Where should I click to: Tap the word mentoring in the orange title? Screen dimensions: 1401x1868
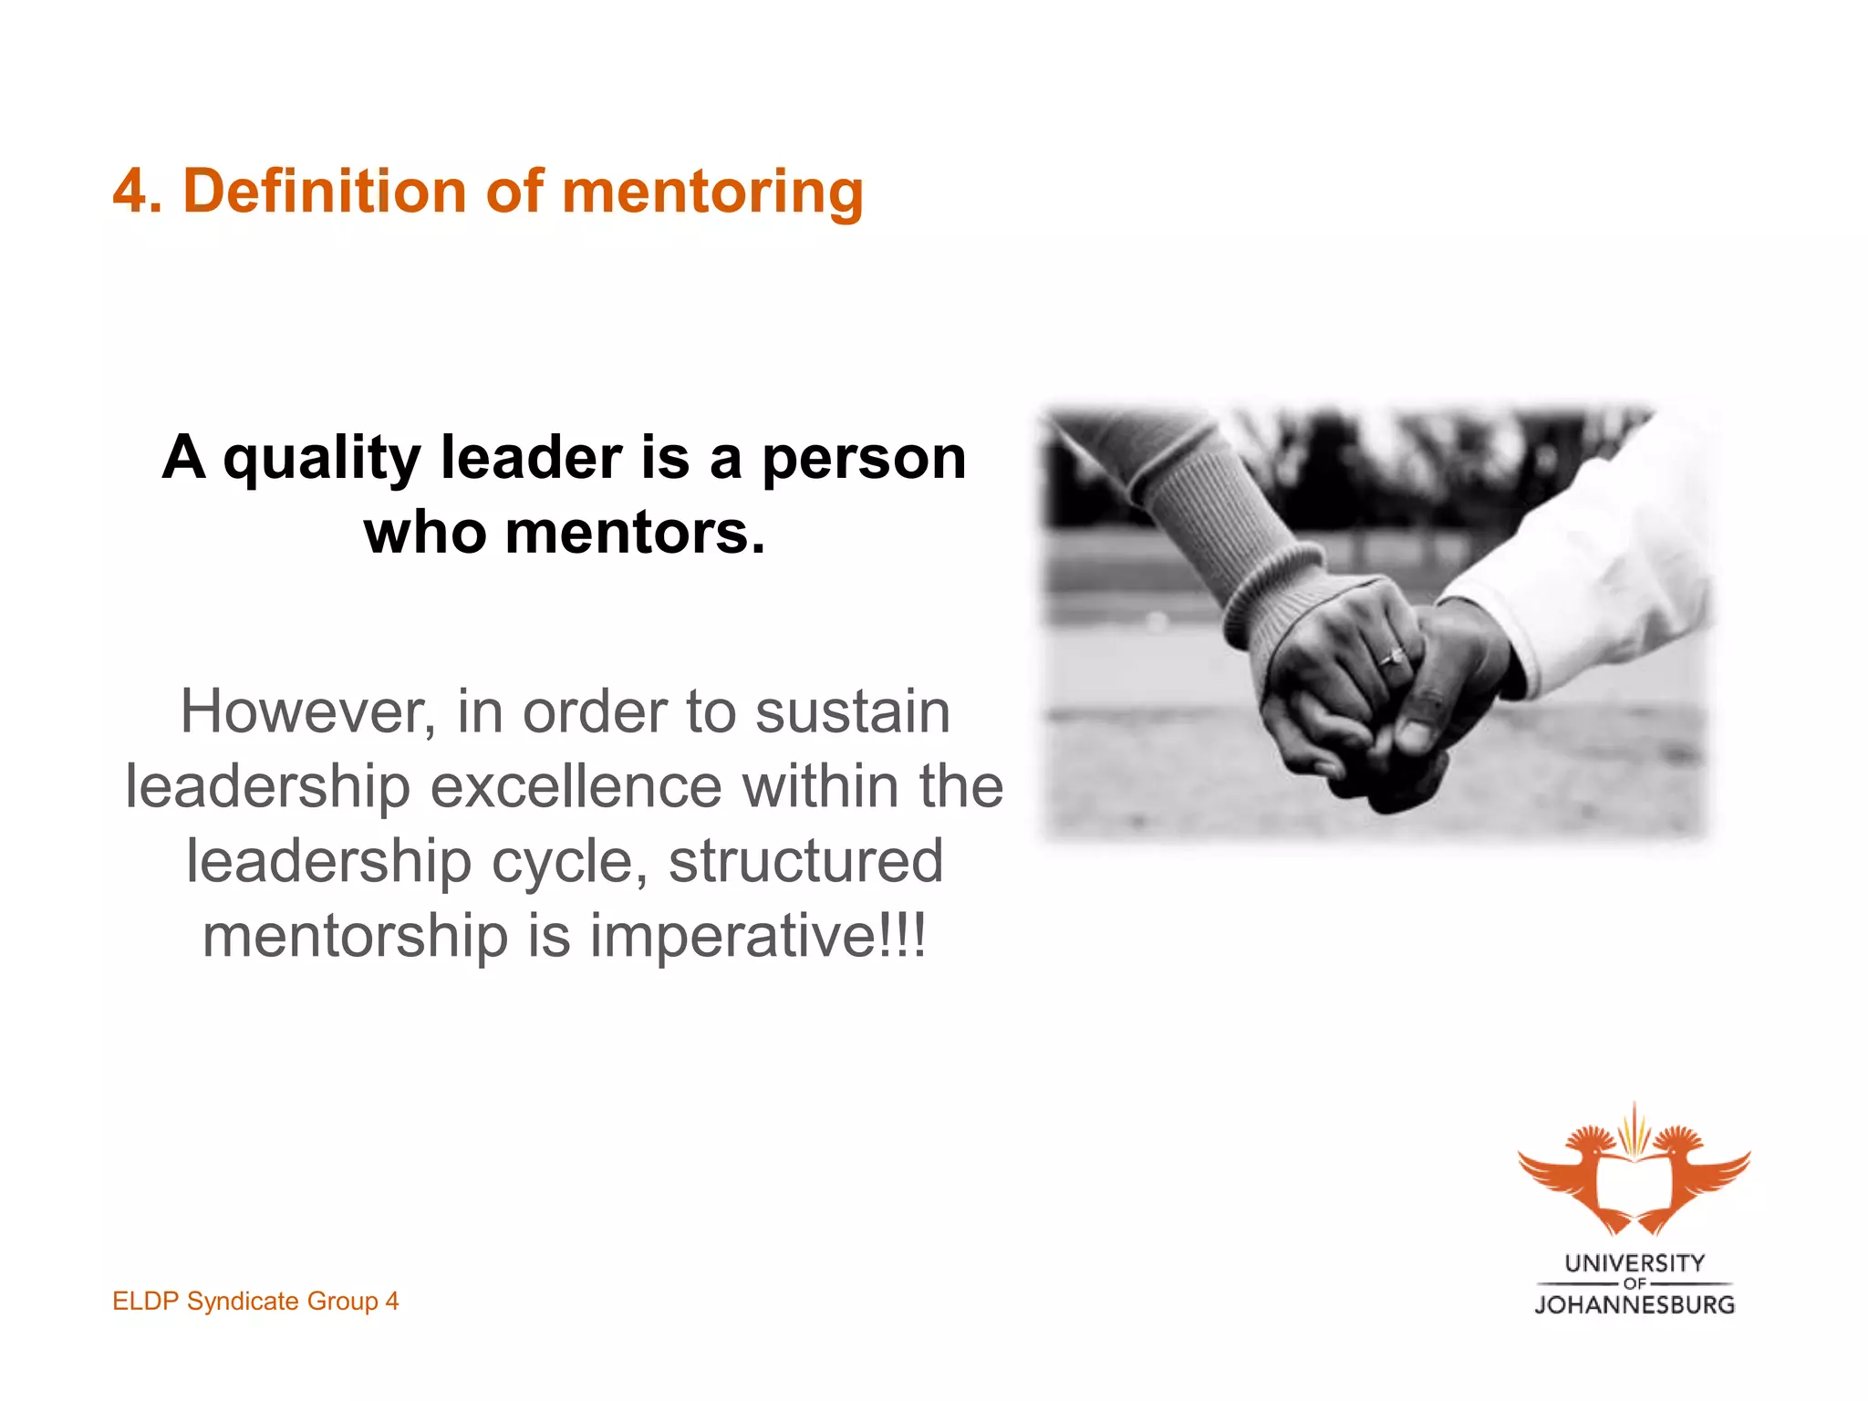(712, 193)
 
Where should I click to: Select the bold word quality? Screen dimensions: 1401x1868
(322, 459)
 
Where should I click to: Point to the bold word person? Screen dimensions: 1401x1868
(864, 459)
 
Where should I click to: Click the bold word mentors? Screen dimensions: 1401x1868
(635, 533)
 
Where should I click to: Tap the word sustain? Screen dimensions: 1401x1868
(853, 712)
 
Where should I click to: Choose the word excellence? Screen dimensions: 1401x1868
(576, 786)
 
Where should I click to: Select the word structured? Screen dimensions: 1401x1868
(805, 861)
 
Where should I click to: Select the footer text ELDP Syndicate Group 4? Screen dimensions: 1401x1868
(255, 1301)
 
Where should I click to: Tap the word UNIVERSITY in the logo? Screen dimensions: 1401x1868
(1634, 1263)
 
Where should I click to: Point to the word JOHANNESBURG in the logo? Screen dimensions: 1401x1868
(1634, 1304)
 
